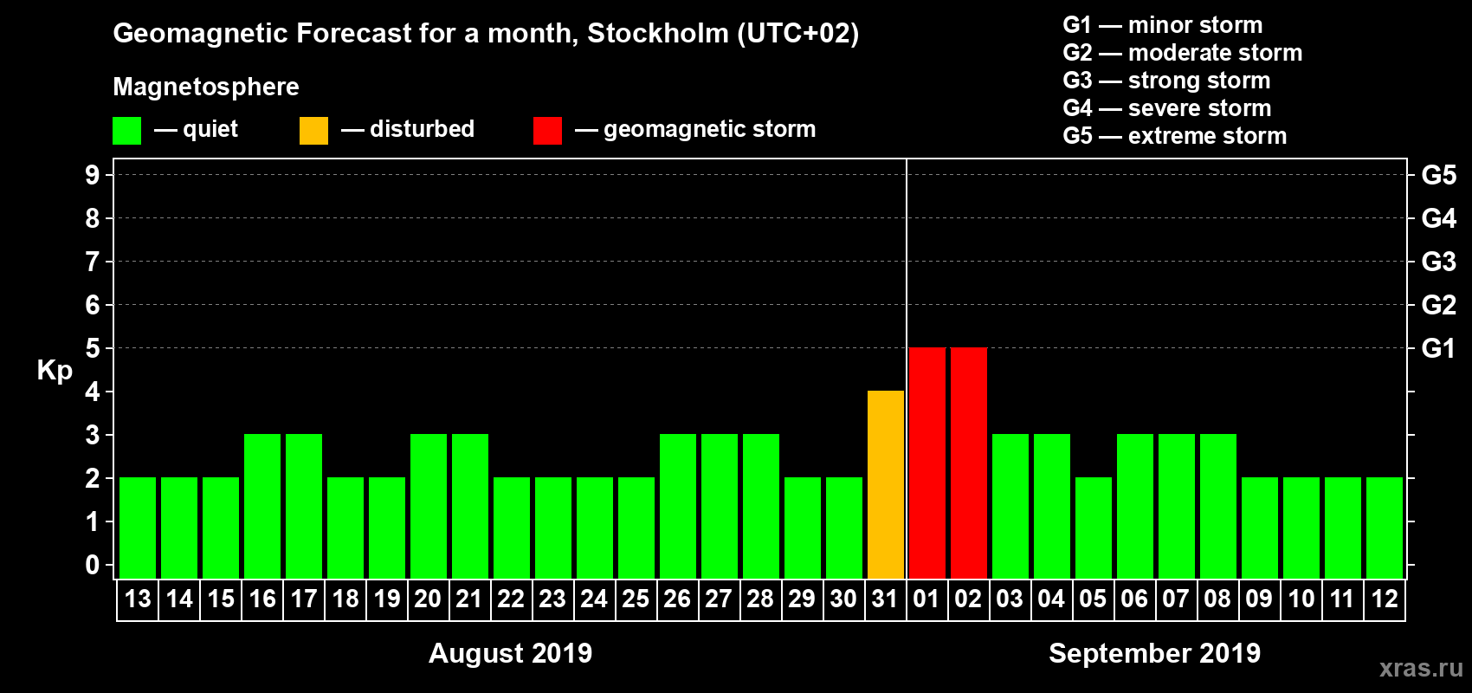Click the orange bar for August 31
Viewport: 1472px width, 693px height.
coord(886,484)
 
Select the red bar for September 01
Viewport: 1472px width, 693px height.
coord(927,463)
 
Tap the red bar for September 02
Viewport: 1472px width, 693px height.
coord(969,463)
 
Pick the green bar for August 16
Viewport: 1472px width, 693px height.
coord(262,506)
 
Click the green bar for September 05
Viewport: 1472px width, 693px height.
coord(1094,528)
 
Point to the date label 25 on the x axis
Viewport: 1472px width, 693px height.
coord(636,599)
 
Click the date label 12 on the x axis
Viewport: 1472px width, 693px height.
coord(1385,599)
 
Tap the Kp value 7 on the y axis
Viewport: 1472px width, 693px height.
coord(93,262)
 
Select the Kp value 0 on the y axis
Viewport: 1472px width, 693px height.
coord(93,566)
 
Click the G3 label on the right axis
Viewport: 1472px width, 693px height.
coord(1438,262)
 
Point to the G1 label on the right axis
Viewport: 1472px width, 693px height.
coord(1438,348)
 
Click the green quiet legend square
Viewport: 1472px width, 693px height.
coord(127,131)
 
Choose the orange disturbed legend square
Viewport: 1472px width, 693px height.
coord(314,131)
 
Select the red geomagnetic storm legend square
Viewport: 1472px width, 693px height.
coord(548,131)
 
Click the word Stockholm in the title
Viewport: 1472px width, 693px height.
coord(658,34)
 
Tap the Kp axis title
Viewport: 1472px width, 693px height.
coord(55,371)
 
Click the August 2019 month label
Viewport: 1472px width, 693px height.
coord(510,653)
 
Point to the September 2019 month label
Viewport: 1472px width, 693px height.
coord(1154,653)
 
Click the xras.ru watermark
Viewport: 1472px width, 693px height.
coord(1421,668)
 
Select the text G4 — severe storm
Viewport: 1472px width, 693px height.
coord(1167,108)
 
